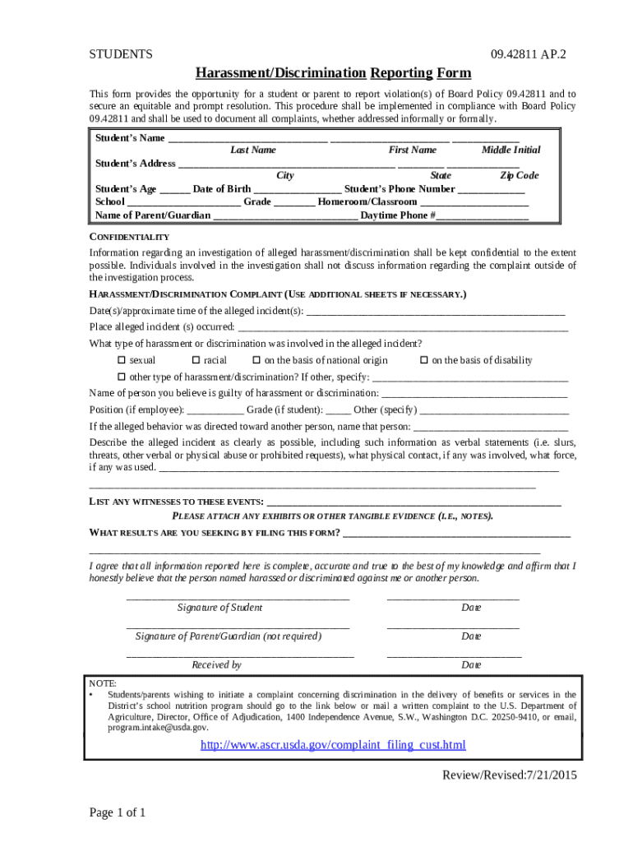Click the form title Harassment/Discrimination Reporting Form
[333, 72]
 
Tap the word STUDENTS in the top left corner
[121, 54]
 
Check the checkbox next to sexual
[122, 360]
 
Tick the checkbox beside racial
[196, 360]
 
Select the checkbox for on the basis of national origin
[256, 360]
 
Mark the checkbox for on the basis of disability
[424, 360]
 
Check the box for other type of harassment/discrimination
[122, 377]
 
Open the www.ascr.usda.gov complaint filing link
[333, 745]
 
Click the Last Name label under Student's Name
[253, 150]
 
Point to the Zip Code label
[520, 175]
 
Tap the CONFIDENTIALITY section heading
[129, 237]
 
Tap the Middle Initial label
[511, 150]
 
